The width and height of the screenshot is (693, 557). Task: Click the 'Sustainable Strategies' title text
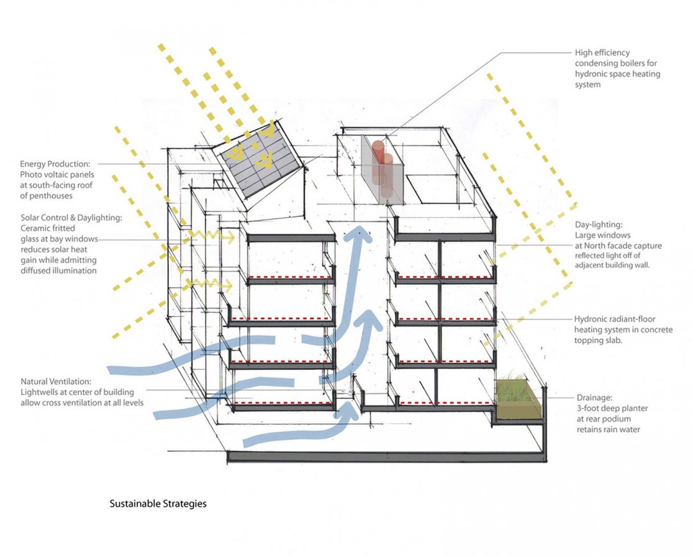(158, 504)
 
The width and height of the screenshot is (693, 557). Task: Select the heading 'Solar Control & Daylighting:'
(71, 218)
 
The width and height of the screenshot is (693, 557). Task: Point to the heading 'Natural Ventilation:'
(56, 382)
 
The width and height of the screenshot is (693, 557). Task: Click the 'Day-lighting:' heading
(597, 224)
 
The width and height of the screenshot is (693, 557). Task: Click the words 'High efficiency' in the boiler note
(602, 53)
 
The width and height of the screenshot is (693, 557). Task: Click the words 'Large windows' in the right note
(602, 235)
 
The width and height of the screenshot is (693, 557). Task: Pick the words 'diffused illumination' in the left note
(58, 271)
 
